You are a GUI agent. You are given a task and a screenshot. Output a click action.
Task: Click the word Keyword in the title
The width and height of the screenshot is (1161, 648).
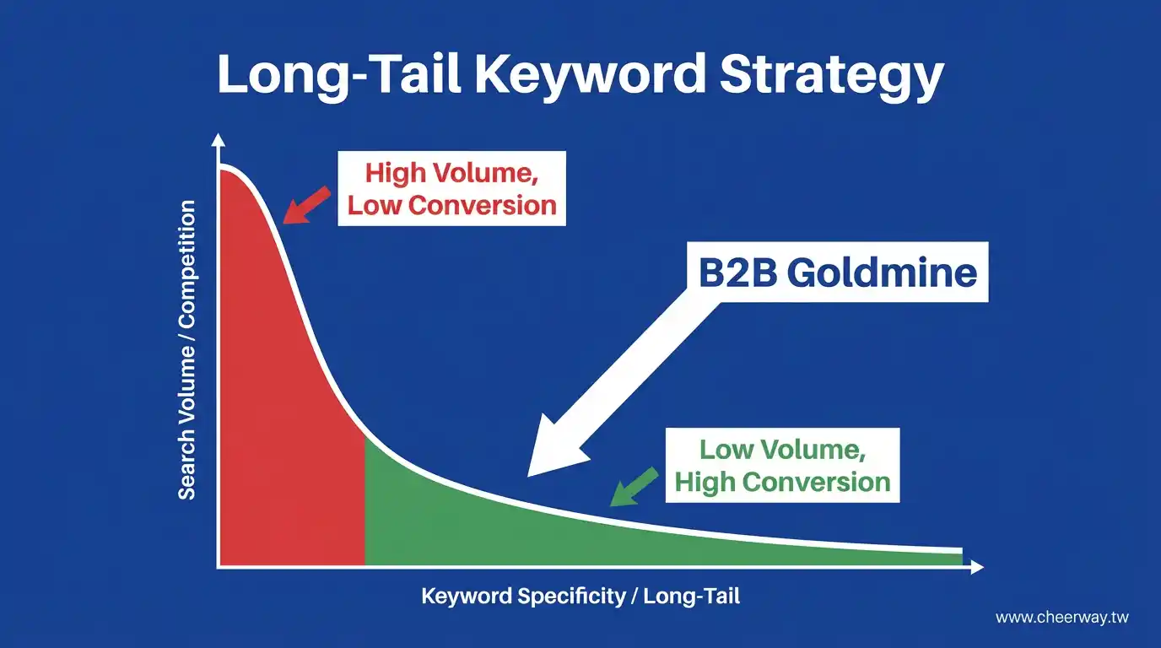pos(590,75)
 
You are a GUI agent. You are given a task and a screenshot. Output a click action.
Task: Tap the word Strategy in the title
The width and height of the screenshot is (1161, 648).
pos(831,75)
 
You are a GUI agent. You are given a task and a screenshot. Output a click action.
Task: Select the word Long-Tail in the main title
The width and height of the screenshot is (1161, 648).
pos(339,75)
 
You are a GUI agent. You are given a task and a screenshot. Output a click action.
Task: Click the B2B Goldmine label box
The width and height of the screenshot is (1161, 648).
pos(838,272)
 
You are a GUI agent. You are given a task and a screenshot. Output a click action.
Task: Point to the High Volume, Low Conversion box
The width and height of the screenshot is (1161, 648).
pos(451,189)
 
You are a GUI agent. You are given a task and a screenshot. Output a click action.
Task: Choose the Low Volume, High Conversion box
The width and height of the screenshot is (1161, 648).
pos(783,465)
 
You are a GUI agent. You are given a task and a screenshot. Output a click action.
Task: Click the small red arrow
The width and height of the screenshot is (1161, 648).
pos(306,205)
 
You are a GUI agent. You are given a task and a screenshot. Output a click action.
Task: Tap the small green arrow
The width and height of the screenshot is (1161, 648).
pos(634,486)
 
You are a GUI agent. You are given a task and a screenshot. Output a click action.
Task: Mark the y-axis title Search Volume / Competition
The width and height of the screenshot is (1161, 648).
pos(186,350)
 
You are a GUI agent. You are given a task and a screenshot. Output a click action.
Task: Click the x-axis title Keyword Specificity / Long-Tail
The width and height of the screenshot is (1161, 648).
pos(580,597)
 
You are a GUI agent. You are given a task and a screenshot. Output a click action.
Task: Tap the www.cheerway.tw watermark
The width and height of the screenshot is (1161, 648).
pos(1062,618)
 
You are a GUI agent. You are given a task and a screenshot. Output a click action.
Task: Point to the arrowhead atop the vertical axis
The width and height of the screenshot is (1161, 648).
pos(219,140)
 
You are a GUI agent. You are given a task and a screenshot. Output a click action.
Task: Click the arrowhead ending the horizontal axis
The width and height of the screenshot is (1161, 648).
pos(977,567)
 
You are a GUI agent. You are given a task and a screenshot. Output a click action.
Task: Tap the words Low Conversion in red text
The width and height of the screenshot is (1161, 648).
pos(452,205)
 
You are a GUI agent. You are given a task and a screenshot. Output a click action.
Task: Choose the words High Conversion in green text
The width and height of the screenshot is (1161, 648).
pos(783,482)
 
